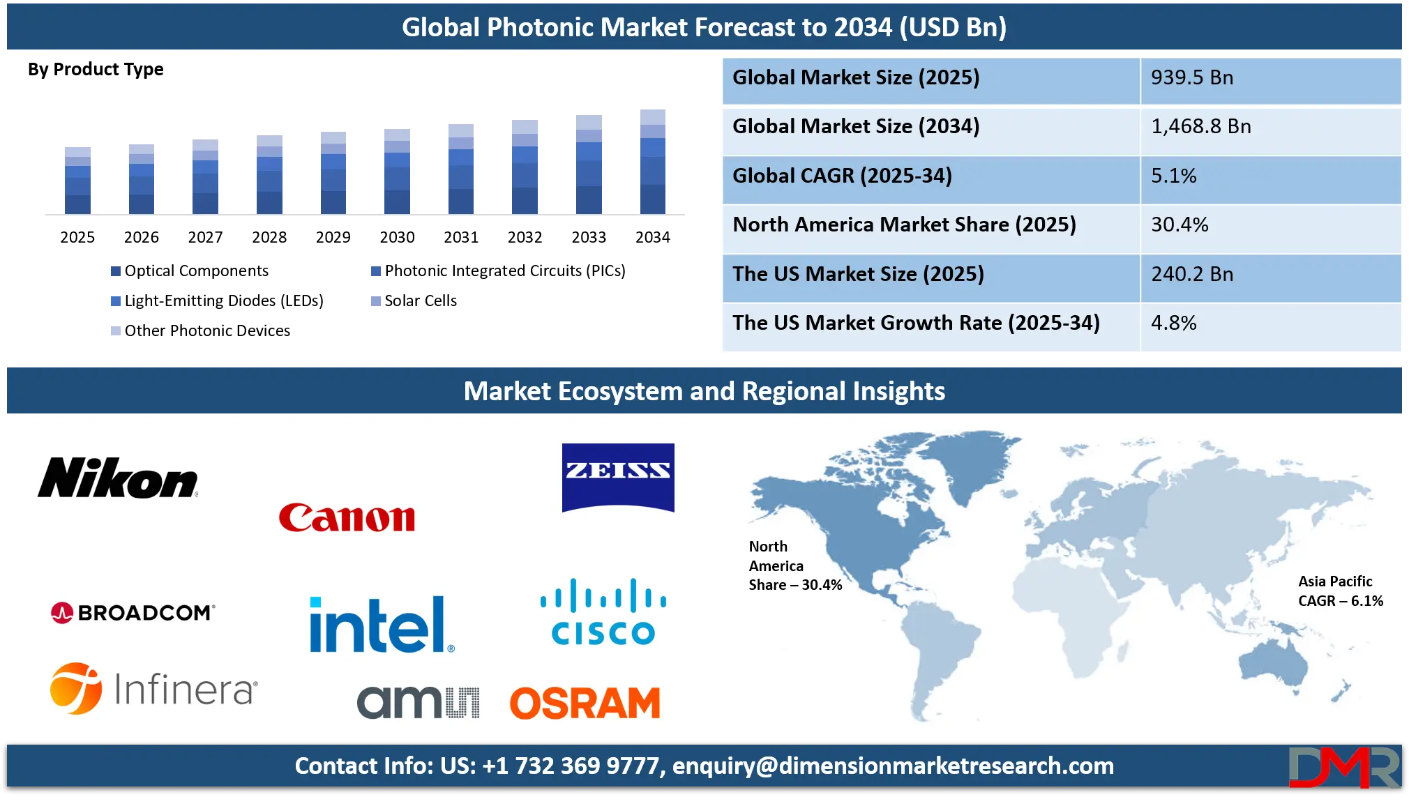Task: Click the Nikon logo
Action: coord(117,478)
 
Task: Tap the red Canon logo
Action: coord(347,518)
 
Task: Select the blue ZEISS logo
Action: coord(618,477)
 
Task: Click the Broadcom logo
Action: coord(133,613)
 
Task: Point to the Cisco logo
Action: coord(603,613)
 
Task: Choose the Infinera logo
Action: coord(153,689)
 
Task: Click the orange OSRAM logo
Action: coord(585,703)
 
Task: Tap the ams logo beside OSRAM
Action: coord(417,701)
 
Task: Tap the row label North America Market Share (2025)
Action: coord(904,225)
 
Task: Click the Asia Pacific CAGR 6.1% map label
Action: coord(1339,591)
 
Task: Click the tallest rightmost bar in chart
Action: coord(653,160)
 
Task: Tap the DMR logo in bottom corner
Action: coord(1343,767)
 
